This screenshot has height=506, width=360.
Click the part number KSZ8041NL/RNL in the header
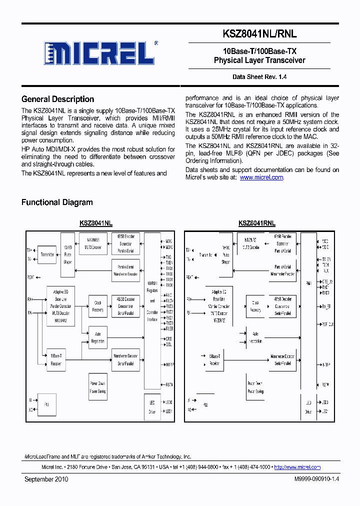click(x=259, y=34)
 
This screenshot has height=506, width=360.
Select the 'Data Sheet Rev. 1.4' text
click(x=259, y=77)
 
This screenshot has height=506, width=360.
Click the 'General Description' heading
click(x=57, y=99)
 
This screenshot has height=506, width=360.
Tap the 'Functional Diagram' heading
click(x=57, y=202)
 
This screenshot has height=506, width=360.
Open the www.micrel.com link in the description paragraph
click(x=261, y=177)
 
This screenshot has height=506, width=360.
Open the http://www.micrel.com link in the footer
click(x=297, y=467)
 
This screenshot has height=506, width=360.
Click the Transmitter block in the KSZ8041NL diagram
click(x=48, y=254)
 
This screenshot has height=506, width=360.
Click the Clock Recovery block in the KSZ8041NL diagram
click(x=97, y=306)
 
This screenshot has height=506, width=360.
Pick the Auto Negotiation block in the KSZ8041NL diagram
click(x=97, y=338)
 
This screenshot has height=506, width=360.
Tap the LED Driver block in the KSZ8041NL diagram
click(x=152, y=407)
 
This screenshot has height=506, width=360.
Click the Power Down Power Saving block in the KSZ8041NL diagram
click(x=97, y=387)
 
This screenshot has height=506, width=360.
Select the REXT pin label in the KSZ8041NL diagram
click(x=31, y=276)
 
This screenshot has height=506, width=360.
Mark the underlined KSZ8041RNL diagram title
click(x=257, y=223)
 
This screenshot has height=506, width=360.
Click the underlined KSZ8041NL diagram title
click(x=96, y=223)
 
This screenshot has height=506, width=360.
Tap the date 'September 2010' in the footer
click(x=46, y=479)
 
